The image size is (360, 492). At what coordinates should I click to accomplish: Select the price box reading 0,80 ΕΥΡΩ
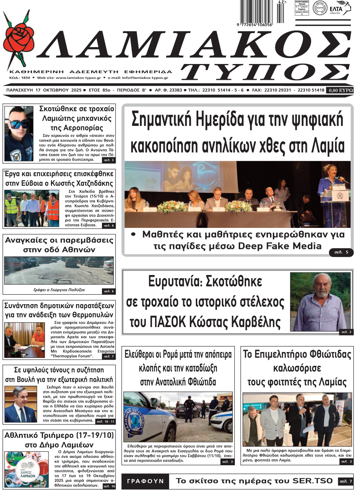(340, 90)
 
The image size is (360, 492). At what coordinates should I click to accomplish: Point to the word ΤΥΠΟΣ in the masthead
(266, 72)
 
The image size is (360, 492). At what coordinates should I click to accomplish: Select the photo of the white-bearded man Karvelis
(320, 302)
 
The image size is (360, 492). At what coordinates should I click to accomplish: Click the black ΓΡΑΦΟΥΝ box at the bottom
(145, 481)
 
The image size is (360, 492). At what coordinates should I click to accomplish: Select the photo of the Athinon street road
(59, 270)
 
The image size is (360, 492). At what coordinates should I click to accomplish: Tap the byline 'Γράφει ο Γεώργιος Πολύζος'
(59, 290)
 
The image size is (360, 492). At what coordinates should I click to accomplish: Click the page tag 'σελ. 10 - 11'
(105, 421)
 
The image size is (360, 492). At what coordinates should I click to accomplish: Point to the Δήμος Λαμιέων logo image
(26, 469)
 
